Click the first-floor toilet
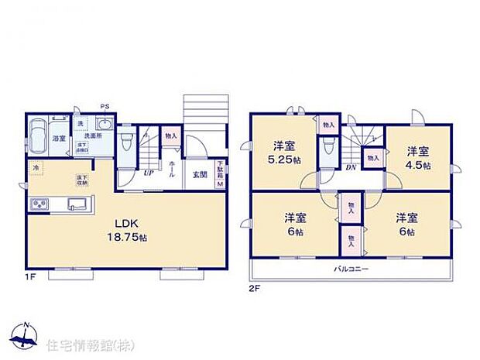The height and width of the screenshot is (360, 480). pyautogui.click(x=126, y=142)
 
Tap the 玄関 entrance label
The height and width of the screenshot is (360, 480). pyautogui.click(x=200, y=174)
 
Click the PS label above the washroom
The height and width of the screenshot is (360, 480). pyautogui.click(x=103, y=108)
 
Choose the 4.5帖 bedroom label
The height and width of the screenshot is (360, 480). pyautogui.click(x=419, y=159)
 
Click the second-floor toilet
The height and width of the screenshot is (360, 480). pyautogui.click(x=330, y=146)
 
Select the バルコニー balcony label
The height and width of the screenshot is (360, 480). pyautogui.click(x=351, y=269)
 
